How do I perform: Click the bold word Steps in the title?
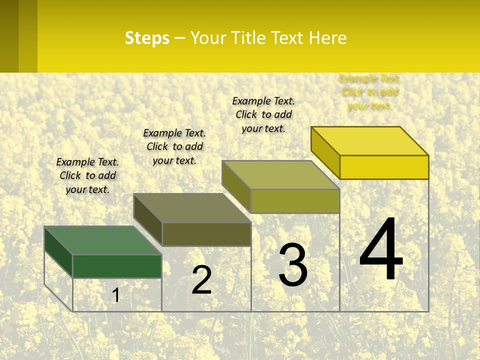click(147, 38)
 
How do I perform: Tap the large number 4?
click(381, 249)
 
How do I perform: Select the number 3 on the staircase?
click(293, 265)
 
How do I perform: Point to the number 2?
click(201, 280)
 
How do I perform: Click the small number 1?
click(116, 295)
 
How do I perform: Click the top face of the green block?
click(102, 240)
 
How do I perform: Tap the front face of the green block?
click(117, 266)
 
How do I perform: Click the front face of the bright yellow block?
click(384, 167)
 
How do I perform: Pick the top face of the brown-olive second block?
click(192, 208)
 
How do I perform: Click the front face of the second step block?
click(206, 234)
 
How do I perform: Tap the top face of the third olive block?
click(281, 175)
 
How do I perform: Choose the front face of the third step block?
click(295, 201)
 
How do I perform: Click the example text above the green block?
click(87, 175)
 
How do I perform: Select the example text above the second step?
click(174, 146)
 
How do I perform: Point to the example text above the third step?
click(263, 114)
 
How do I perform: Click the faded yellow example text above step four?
click(369, 92)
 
